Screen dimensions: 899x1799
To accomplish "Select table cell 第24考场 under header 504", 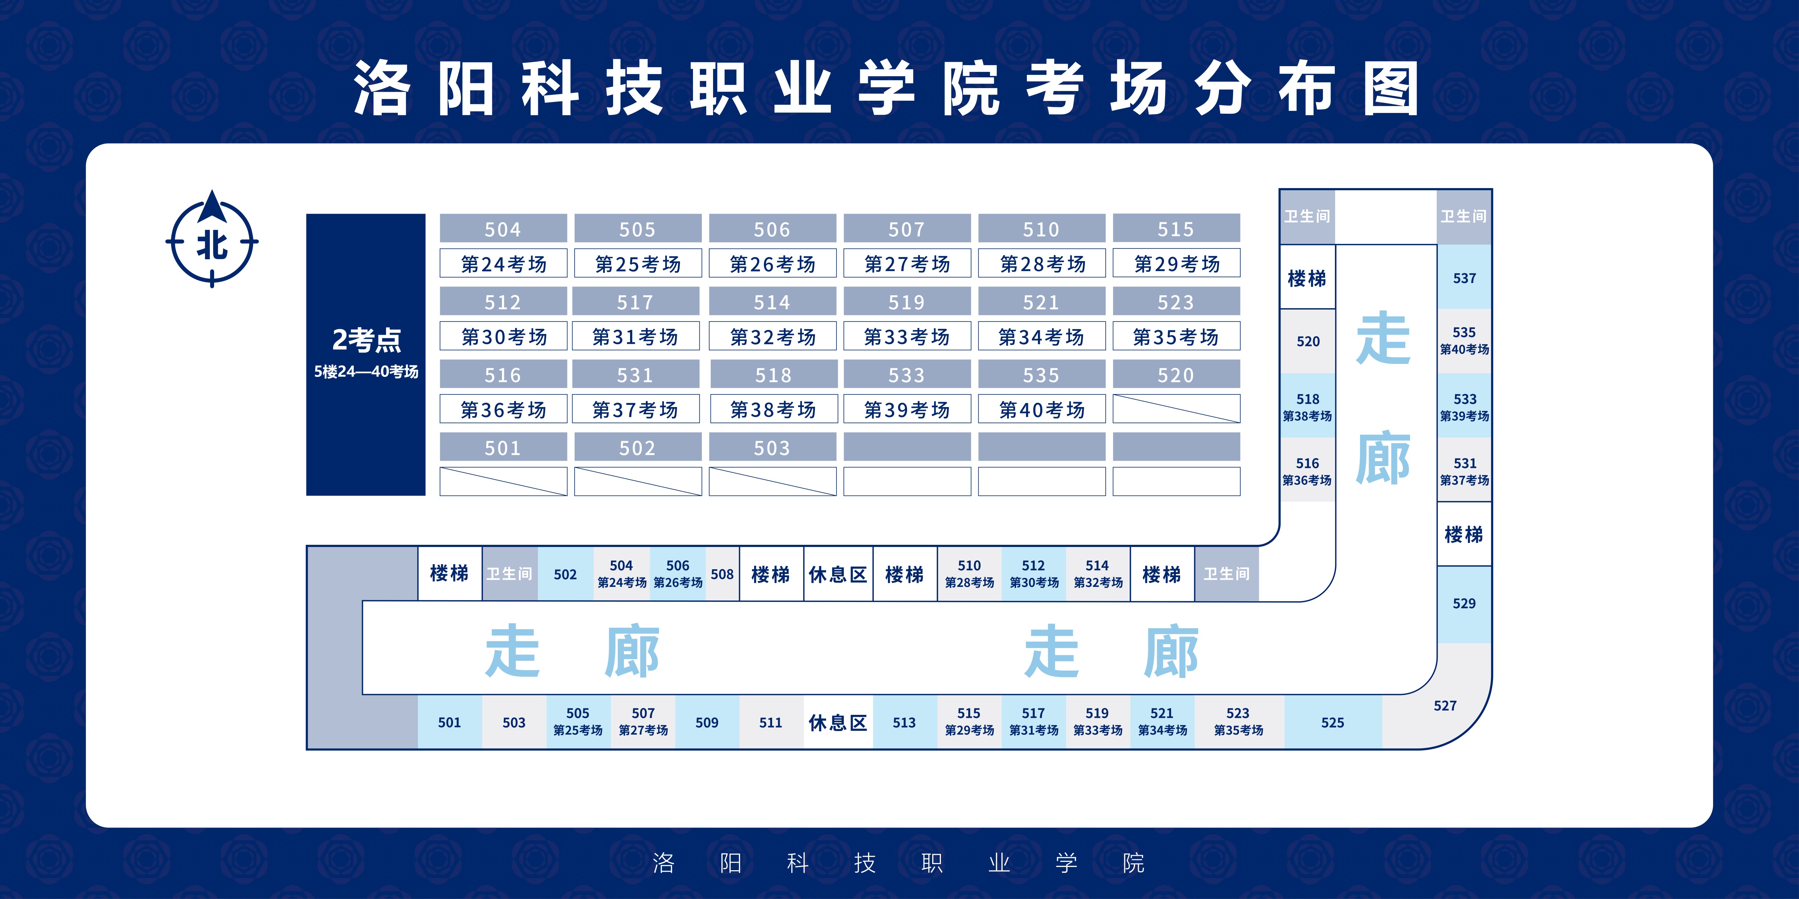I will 503,264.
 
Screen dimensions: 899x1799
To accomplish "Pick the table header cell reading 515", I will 1176,229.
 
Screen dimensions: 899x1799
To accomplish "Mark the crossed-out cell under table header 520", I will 1176,409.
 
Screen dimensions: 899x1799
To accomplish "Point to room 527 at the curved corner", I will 1445,706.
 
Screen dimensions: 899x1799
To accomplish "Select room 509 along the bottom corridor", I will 707,722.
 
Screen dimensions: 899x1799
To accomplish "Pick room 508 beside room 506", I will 722,574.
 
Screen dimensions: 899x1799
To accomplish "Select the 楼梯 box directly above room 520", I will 1307,278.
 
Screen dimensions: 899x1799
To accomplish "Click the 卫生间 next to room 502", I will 509,574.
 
